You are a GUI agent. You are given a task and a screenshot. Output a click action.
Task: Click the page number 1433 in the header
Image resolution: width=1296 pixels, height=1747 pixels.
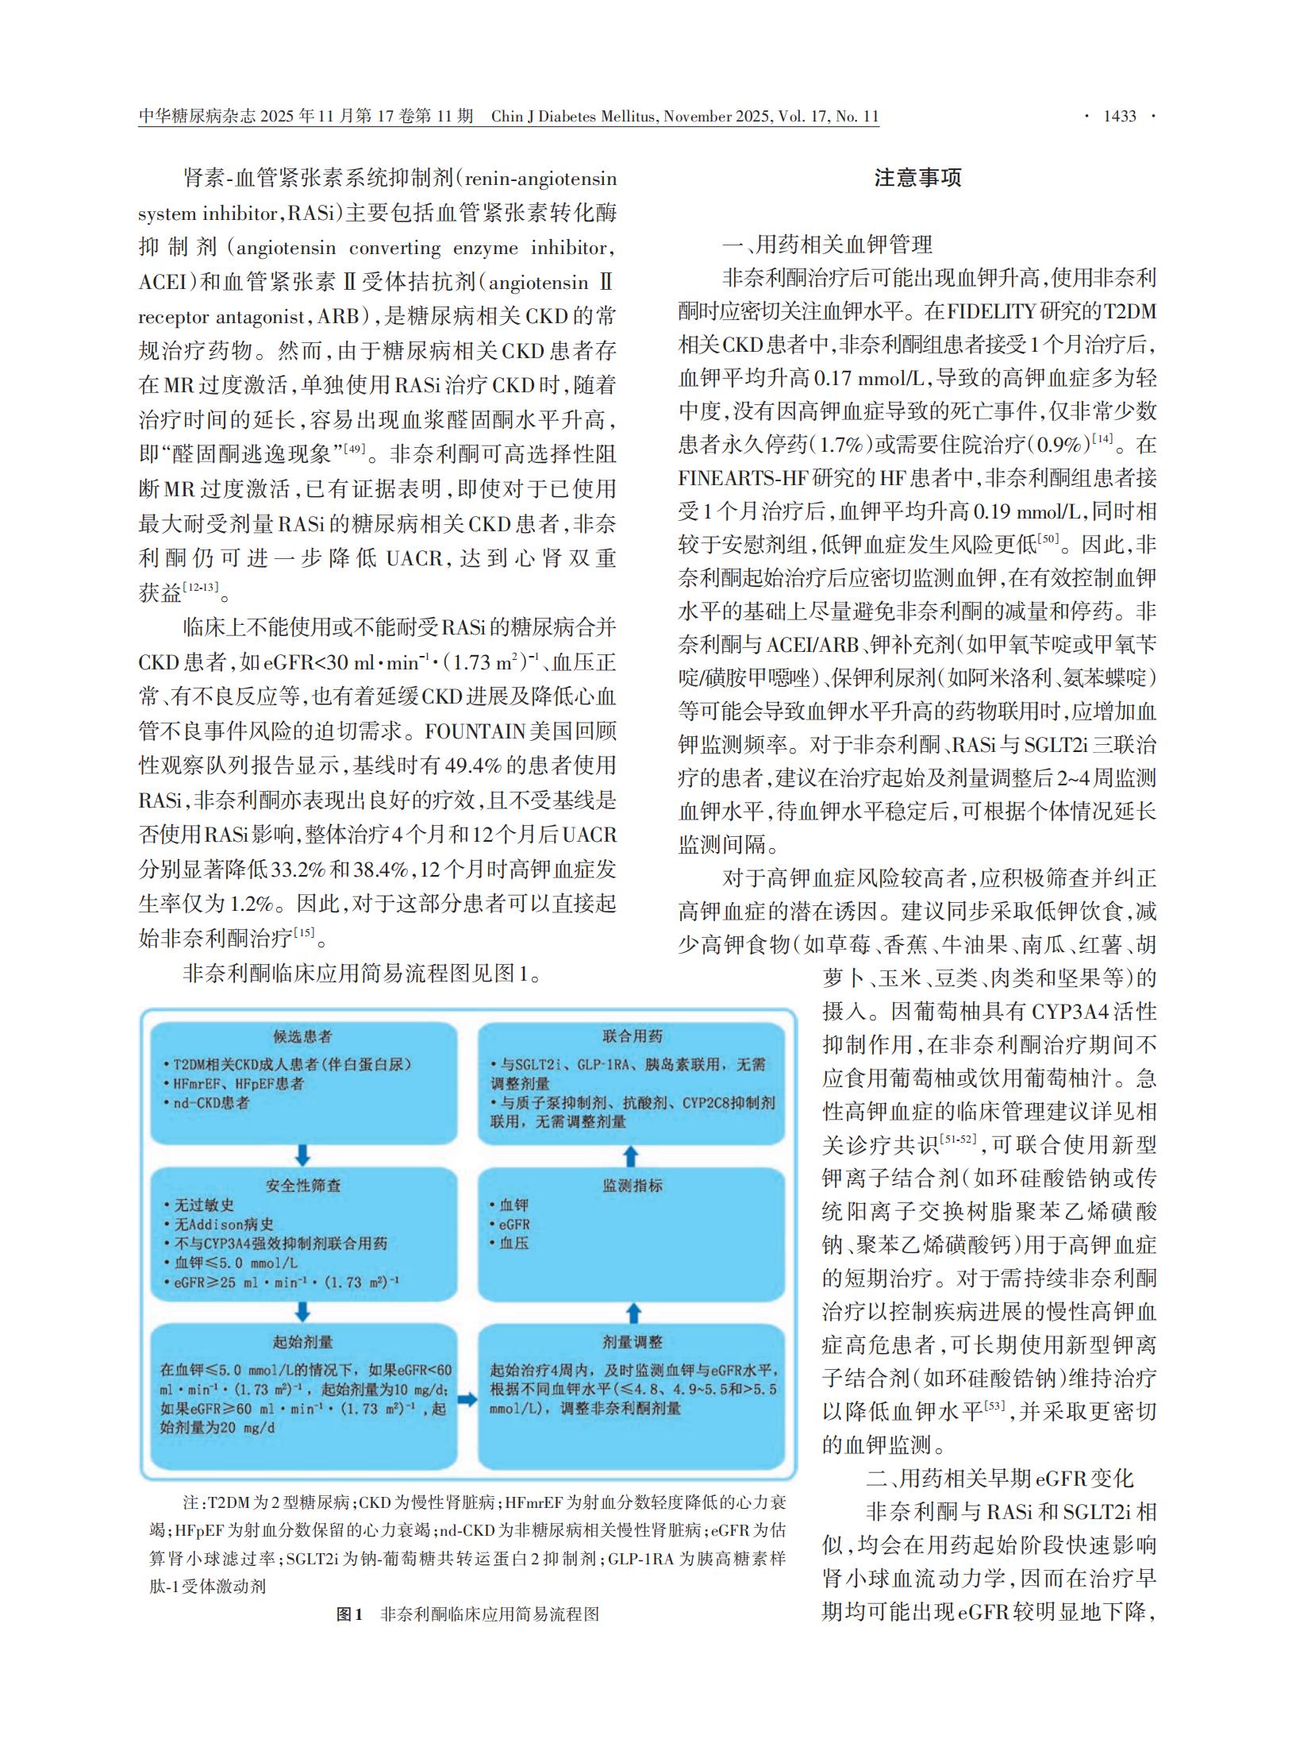coord(1120,116)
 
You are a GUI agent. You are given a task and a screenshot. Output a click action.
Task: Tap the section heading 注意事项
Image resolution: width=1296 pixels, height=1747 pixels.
coord(917,178)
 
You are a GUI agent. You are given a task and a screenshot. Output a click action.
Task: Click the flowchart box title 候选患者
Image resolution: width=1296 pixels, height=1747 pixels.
coord(302,1036)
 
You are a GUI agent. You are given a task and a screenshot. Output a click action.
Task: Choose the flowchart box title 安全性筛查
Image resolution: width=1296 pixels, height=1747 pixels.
coord(302,1186)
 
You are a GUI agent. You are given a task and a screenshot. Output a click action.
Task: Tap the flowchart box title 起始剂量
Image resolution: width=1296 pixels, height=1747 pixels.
coord(302,1342)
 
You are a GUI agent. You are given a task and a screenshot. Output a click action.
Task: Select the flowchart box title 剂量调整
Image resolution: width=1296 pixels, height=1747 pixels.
coord(632,1342)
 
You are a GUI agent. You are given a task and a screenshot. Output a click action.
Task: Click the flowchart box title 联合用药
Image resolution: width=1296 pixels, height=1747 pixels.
coord(632,1036)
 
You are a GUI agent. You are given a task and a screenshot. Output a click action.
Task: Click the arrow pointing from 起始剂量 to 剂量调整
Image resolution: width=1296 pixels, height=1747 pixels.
coord(467,1399)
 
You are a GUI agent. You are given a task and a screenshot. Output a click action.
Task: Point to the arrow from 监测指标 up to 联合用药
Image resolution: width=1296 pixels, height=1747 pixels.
coord(632,1154)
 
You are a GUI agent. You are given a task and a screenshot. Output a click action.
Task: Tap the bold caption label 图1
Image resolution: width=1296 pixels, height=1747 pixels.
coord(349,1614)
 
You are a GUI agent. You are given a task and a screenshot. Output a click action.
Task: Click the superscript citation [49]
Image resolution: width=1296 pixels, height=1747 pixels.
coord(354,449)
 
